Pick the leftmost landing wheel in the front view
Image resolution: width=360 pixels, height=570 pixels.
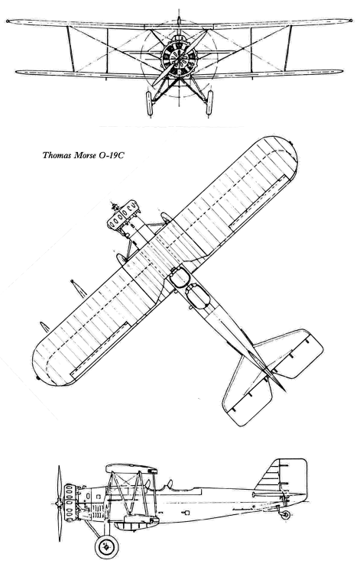point(149,104)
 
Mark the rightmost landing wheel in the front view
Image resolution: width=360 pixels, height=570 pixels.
point(209,103)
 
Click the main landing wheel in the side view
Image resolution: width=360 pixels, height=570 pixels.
point(106,546)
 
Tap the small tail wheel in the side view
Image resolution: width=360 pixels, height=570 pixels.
point(285,515)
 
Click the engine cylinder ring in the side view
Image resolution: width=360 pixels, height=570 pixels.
point(70,503)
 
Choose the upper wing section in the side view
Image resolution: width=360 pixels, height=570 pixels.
point(131,469)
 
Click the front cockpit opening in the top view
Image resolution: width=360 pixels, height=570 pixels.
point(180,278)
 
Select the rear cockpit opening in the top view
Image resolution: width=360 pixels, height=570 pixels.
point(197,296)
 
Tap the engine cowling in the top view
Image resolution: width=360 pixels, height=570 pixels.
point(123,217)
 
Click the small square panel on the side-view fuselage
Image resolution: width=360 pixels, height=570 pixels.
point(187,513)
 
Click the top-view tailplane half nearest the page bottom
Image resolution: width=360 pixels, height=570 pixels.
point(248,393)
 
